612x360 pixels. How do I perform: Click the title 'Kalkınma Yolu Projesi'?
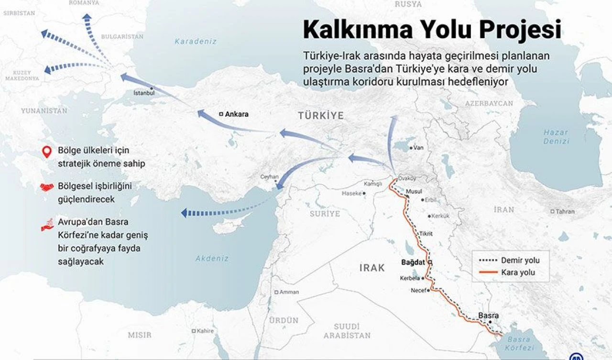click(432, 30)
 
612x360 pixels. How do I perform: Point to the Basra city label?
click(488, 316)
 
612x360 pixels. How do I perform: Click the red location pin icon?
click(46, 153)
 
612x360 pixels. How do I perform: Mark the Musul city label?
click(414, 191)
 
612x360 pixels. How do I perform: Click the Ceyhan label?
click(269, 177)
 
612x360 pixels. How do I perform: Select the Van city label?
click(418, 148)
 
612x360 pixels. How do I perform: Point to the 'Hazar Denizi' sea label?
click(556, 137)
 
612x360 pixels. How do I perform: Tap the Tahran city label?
click(565, 211)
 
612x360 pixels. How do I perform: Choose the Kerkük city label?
click(440, 216)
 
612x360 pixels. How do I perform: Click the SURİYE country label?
click(325, 213)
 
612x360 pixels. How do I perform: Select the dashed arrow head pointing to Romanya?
click(87, 18)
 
